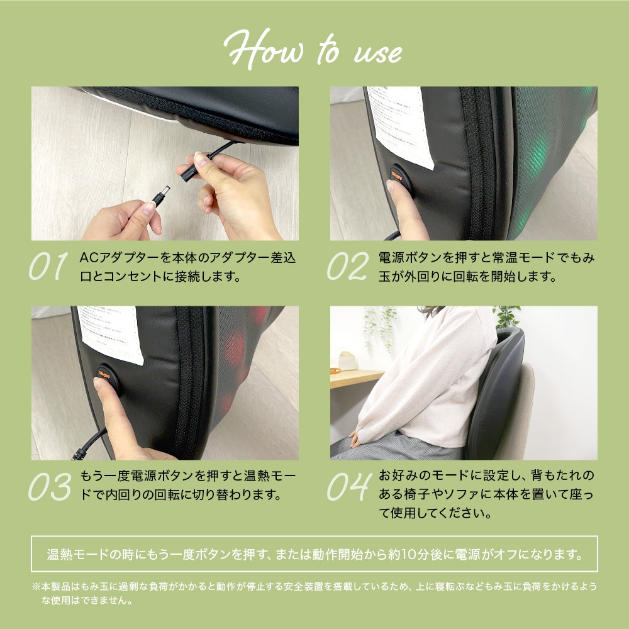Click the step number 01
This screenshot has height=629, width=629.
coord(48,267)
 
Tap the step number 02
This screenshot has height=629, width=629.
coord(347,267)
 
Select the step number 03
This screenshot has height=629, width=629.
coord(49,486)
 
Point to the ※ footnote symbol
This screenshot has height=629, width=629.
coord(36,586)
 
